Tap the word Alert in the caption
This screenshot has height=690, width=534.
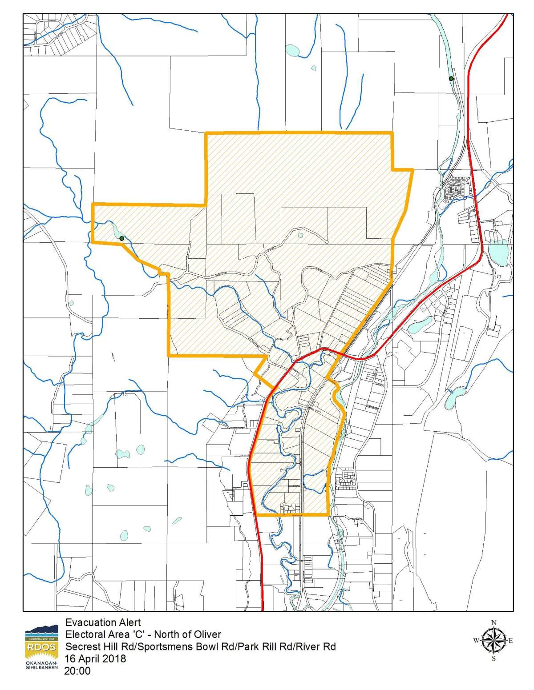pos(130,623)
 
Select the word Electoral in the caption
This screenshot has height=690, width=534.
pos(84,635)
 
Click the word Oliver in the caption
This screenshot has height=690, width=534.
pos(207,635)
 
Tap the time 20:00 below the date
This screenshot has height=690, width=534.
pos(77,670)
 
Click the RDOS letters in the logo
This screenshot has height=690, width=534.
pos(41,647)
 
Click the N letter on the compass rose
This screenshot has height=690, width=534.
pos(493,622)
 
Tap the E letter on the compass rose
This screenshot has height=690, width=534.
pos(510,641)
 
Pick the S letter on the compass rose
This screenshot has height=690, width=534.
pos(494,659)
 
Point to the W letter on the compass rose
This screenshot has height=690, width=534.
pos(476,641)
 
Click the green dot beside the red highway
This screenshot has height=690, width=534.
pos(451,79)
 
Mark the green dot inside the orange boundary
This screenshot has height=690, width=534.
pos(121,238)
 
